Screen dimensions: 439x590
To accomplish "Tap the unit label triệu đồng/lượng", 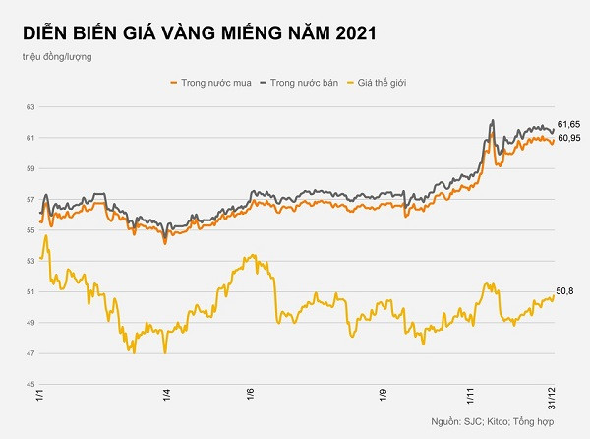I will [x=61, y=58].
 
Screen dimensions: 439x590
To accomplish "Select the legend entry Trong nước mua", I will [x=212, y=84].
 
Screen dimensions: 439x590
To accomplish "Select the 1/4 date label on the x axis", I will [x=165, y=396].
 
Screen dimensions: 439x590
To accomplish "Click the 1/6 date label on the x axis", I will [x=250, y=396].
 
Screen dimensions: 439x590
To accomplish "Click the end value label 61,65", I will [x=568, y=124].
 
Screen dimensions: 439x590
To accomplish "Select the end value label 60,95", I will [x=568, y=138].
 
